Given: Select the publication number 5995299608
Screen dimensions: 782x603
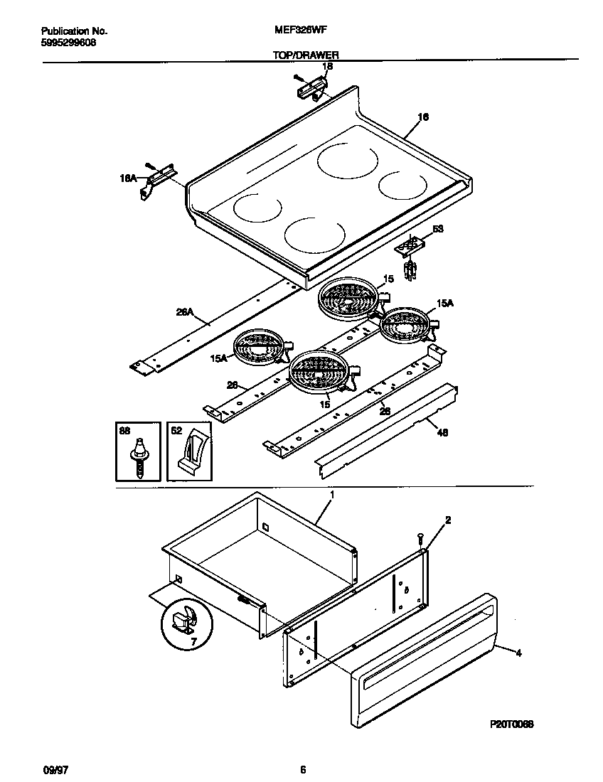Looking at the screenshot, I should click(x=69, y=42).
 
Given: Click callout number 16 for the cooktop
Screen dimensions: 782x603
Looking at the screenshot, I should click(x=422, y=117).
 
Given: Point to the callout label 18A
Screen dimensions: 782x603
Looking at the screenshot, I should click(x=128, y=180).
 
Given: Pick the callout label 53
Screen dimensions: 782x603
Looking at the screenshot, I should click(x=438, y=230).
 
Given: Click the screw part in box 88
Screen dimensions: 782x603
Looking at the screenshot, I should click(x=141, y=458).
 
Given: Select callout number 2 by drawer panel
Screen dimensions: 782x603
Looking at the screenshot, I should click(x=448, y=521).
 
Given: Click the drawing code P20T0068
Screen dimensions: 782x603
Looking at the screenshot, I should click(x=511, y=724).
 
